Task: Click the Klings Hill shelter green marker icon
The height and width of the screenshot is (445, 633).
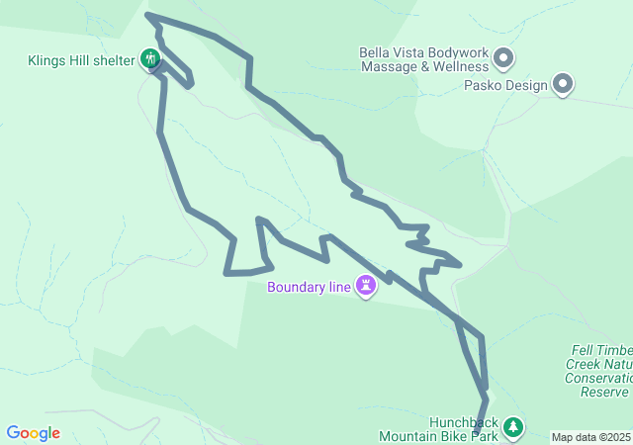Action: click(x=150, y=59)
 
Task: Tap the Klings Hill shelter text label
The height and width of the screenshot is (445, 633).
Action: click(x=81, y=60)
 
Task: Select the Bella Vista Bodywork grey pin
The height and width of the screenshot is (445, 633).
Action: click(x=502, y=57)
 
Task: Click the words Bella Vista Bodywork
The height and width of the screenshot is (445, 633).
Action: click(x=423, y=51)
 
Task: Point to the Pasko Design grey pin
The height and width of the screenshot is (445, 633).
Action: click(x=563, y=84)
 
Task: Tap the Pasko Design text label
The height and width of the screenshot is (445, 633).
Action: click(x=504, y=85)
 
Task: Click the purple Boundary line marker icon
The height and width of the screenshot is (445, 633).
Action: click(x=367, y=286)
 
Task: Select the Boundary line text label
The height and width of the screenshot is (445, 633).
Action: click(x=309, y=288)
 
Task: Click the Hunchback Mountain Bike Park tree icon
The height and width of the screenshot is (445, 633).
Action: click(x=512, y=427)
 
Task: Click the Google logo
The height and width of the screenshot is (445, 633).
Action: click(x=33, y=433)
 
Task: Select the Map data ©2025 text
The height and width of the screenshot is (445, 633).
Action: click(x=590, y=437)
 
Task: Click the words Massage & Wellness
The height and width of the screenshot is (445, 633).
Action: click(x=424, y=66)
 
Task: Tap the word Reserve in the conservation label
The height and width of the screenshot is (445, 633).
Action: click(x=605, y=392)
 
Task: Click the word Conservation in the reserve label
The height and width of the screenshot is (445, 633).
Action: click(x=597, y=378)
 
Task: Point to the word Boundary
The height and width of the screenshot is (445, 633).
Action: click(x=296, y=288)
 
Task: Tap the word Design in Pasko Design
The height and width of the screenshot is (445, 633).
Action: click(x=525, y=85)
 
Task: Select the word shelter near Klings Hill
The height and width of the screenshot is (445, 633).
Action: click(x=114, y=60)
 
